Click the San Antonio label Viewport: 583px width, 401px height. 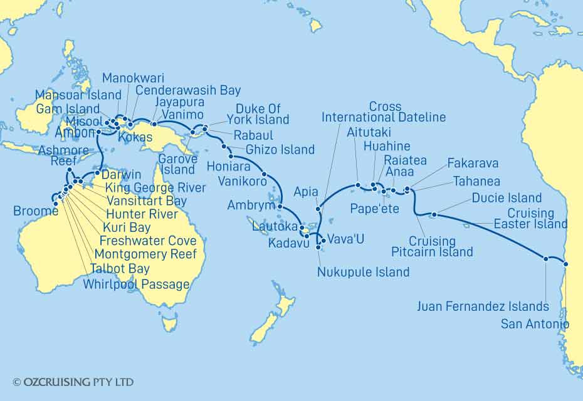pyautogui.click(x=535, y=324)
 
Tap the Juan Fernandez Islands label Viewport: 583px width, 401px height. pyautogui.click(x=483, y=306)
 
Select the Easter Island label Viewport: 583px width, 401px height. pyautogui.click(x=530, y=224)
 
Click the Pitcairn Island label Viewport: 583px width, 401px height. pyautogui.click(x=432, y=252)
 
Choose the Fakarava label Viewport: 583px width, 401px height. pyautogui.click(x=473, y=164)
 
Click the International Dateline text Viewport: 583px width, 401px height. pyautogui.click(x=384, y=117)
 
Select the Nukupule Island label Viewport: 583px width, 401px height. pyautogui.click(x=364, y=272)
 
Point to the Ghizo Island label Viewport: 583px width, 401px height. pyautogui.click(x=280, y=150)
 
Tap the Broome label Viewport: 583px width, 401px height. pyautogui.click(x=36, y=212)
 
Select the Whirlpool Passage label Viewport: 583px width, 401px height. pyautogui.click(x=136, y=284)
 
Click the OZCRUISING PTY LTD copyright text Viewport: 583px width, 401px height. pyautogui.click(x=73, y=382)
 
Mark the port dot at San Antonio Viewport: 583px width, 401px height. pyautogui.click(x=566, y=264)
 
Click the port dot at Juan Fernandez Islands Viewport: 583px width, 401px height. pyautogui.click(x=547, y=258)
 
